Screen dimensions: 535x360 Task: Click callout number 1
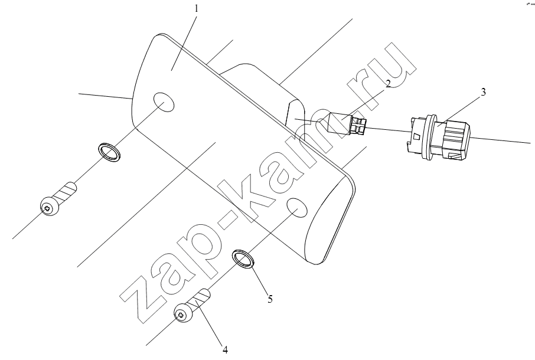(x=196, y=8)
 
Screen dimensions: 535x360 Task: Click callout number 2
(x=388, y=84)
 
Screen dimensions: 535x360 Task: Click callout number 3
(x=483, y=92)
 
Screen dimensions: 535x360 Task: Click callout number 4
(x=225, y=350)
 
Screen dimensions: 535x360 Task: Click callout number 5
(x=270, y=299)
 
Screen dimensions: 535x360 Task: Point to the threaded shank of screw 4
(x=201, y=297)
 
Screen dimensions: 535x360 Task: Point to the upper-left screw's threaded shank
(x=67, y=191)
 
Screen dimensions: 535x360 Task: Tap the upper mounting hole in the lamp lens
(x=164, y=102)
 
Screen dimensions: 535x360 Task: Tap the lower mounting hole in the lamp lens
(x=298, y=207)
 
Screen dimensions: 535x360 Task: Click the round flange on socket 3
(x=428, y=136)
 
